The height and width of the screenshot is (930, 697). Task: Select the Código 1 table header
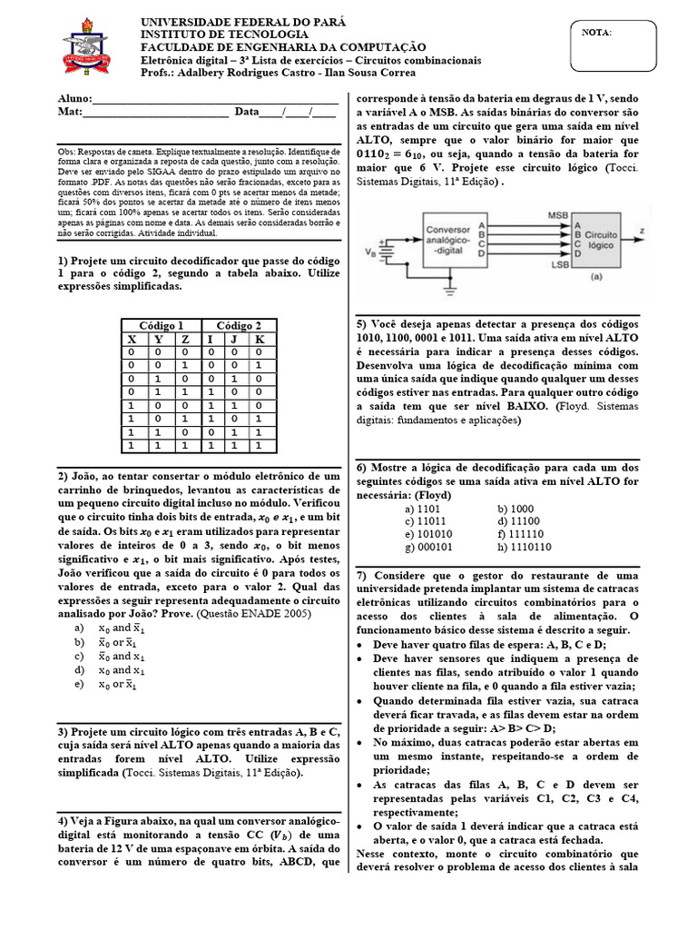coord(161,325)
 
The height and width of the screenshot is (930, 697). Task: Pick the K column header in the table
coord(259,339)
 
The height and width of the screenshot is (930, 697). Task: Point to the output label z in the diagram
coord(643,232)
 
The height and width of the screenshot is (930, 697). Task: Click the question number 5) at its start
coord(361,324)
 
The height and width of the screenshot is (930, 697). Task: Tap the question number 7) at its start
coord(361,576)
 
